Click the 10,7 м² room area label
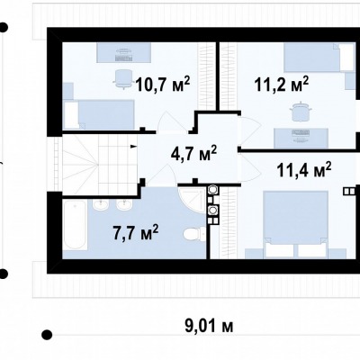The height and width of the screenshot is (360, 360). click(163, 84)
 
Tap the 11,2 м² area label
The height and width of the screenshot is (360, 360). click(282, 84)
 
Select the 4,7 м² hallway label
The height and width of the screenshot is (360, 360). click(193, 153)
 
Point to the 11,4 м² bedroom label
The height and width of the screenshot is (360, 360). click(304, 170)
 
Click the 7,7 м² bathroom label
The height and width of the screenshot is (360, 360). click(136, 232)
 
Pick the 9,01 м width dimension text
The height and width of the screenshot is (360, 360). click(209, 326)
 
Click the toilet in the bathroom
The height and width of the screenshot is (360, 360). click(194, 234)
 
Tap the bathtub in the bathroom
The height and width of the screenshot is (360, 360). click(75, 224)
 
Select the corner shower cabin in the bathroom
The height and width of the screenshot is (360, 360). click(192, 200)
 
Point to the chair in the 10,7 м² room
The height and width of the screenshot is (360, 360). click(123, 79)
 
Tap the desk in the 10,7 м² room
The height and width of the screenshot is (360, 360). click(123, 52)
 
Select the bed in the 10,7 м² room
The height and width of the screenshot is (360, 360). click(99, 115)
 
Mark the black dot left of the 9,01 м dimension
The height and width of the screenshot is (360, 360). click(47, 334)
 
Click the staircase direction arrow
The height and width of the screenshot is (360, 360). click(133, 147)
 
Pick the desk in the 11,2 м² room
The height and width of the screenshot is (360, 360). click(301, 139)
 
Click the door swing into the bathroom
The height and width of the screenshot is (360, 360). click(160, 175)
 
